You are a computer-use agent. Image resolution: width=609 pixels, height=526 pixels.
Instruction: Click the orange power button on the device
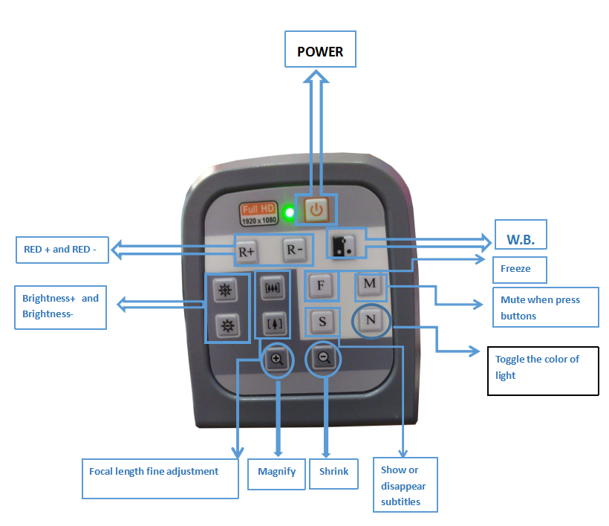pyautogui.click(x=316, y=210)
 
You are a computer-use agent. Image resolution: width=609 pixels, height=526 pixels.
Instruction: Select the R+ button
pyautogui.click(x=246, y=251)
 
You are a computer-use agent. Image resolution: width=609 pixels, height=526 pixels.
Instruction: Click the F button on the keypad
pyautogui.click(x=321, y=285)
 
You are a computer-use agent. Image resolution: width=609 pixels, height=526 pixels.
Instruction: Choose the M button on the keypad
pyautogui.click(x=369, y=284)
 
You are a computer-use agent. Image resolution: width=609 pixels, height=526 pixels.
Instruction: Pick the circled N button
pyautogui.click(x=371, y=320)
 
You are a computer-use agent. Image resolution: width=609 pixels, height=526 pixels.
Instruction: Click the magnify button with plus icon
pyautogui.click(x=276, y=359)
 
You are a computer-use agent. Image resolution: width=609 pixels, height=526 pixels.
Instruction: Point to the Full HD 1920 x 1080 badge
pyautogui.click(x=258, y=213)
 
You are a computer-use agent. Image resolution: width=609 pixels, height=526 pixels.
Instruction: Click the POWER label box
pyautogui.click(x=321, y=52)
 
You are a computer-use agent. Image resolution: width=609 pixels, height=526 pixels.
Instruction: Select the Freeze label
pyautogui.click(x=515, y=268)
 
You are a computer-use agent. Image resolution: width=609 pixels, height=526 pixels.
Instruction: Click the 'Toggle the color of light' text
pyautogui.click(x=537, y=367)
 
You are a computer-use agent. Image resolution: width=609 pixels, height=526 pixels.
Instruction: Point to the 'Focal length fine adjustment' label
pyautogui.click(x=154, y=471)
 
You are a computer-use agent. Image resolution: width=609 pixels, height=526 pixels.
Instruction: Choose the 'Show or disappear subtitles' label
pyautogui.click(x=404, y=485)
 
